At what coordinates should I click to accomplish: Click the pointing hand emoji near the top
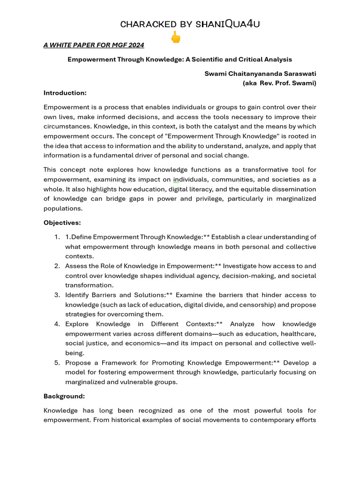[x=175, y=37]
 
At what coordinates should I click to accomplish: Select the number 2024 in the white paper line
[x=135, y=45]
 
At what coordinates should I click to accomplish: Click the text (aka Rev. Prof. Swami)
[x=279, y=83]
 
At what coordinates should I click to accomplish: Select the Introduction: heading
[x=65, y=93]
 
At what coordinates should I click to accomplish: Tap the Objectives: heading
[x=62, y=223]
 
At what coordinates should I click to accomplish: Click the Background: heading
[x=64, y=396]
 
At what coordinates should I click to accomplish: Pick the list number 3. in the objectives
[x=57, y=295]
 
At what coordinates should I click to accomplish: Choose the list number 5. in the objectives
[x=57, y=363]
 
